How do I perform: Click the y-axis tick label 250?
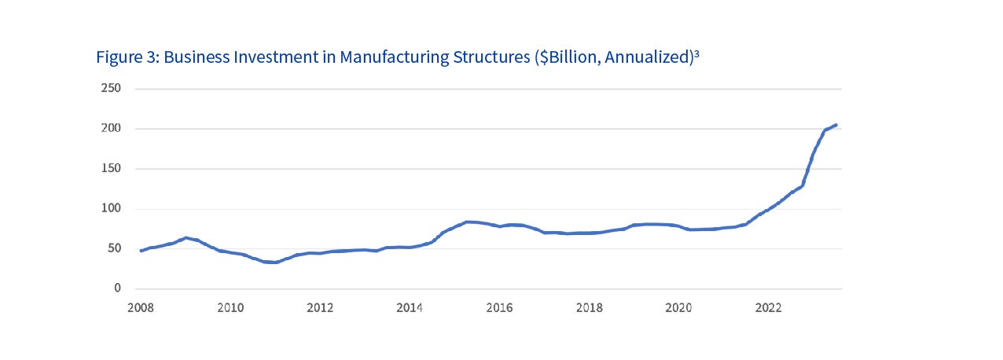point(111,88)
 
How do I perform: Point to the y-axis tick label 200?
point(111,128)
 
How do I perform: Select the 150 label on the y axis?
point(111,168)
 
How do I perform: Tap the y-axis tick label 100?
point(111,208)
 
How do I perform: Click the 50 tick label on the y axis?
point(114,248)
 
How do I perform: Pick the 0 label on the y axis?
point(117,288)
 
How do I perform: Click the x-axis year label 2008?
point(140,308)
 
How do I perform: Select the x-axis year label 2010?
point(230,308)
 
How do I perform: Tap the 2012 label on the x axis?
point(319,308)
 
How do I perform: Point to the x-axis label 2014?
point(410,308)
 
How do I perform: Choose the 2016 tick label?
point(499,308)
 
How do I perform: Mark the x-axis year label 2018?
point(589,308)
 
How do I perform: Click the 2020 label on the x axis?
point(678,308)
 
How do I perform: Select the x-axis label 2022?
point(768,308)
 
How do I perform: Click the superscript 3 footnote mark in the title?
point(696,53)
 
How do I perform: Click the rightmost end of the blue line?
point(836,125)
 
